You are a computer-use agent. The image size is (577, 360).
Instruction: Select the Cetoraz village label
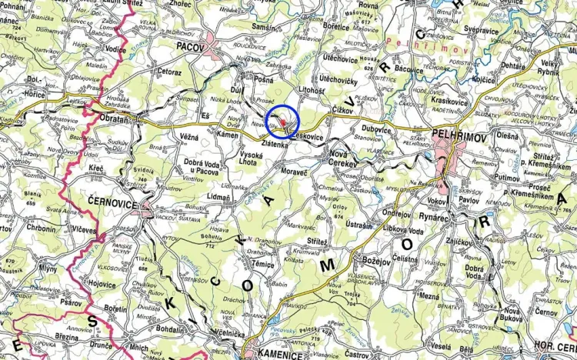tap(168, 72)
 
